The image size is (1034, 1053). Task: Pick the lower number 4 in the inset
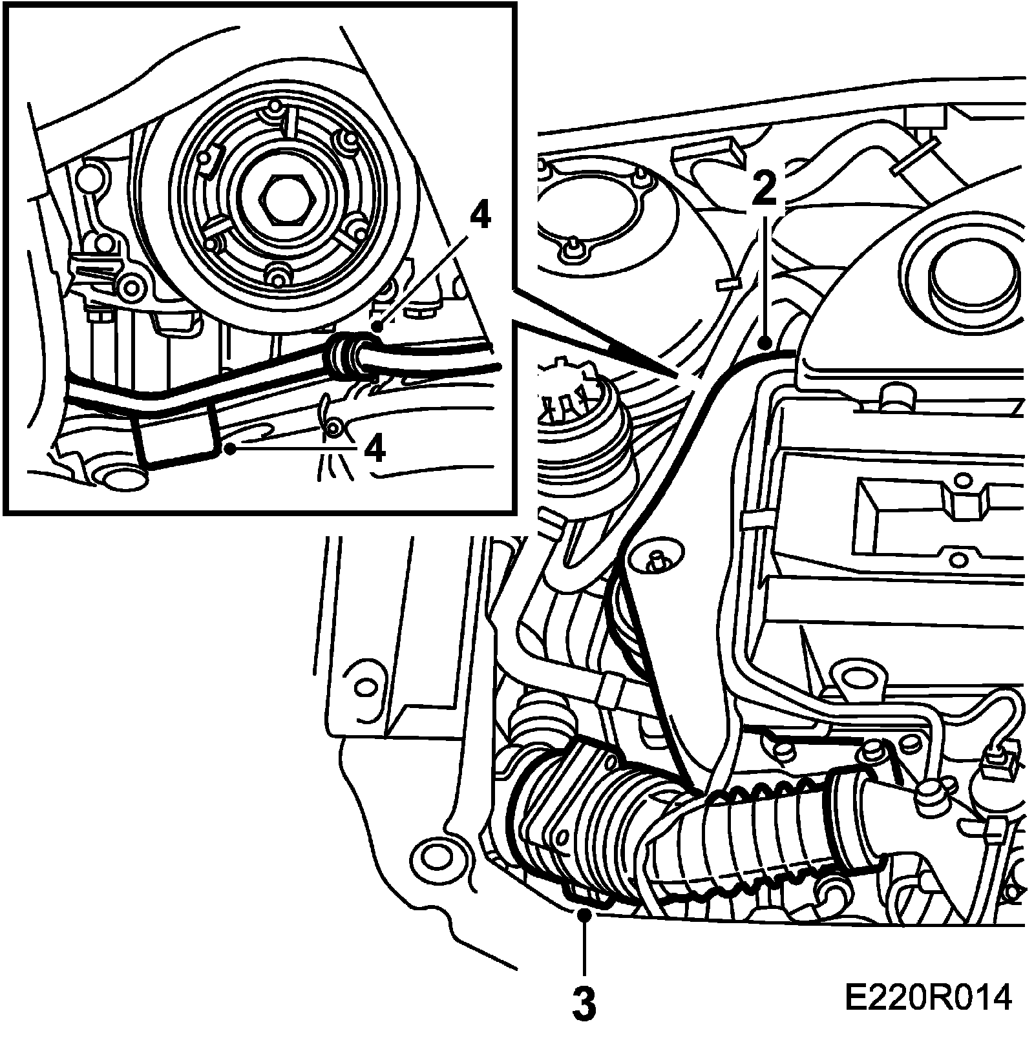[x=374, y=448]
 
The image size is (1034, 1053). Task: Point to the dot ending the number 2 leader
[x=765, y=344]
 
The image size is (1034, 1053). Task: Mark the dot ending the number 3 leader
[x=584, y=913]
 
